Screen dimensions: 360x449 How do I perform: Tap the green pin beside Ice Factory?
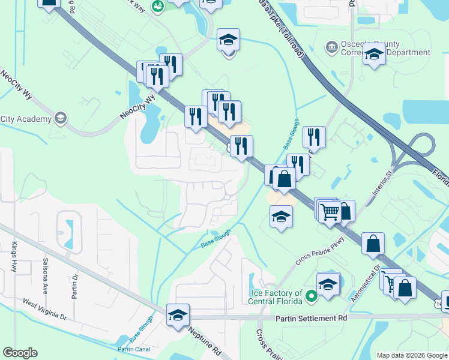311,296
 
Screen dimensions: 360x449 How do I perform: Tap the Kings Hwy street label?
14,257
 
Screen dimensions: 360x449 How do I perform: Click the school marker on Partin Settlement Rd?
178,315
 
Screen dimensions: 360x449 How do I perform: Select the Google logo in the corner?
20,352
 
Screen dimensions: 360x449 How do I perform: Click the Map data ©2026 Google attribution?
412,355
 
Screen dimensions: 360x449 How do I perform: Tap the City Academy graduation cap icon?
60,118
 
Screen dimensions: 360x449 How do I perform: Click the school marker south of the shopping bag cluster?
280,217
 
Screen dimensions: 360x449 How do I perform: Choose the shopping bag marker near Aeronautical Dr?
373,244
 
